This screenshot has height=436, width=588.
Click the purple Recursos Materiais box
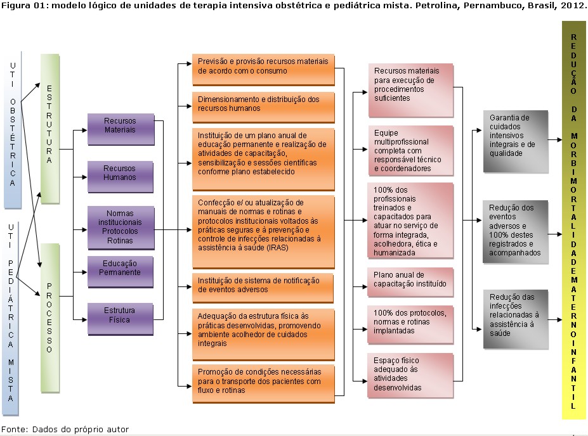(x=120, y=129)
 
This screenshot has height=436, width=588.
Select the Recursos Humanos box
(x=120, y=177)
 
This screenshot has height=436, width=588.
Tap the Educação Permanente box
(x=120, y=271)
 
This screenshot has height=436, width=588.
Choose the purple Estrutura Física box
(x=120, y=319)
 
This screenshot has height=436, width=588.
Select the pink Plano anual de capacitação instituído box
(x=410, y=281)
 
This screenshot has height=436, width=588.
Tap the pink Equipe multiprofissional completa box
(x=410, y=151)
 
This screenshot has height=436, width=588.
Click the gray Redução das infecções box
(x=515, y=319)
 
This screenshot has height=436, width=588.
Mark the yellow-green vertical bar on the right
(x=573, y=219)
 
